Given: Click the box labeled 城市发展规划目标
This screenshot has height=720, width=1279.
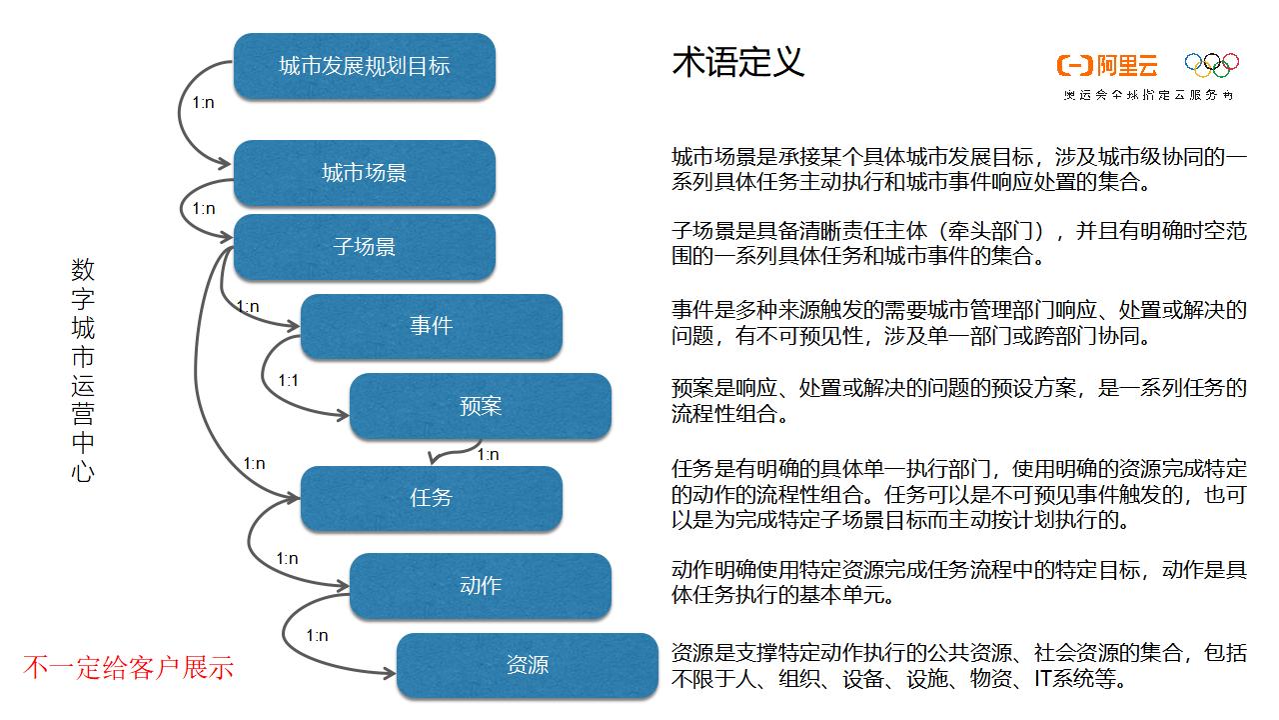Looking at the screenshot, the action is [364, 66].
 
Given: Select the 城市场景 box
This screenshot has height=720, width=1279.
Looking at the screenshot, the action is [364, 173].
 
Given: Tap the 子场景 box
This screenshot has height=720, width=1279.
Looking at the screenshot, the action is [364, 246].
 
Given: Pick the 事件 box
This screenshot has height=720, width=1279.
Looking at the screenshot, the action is [431, 326].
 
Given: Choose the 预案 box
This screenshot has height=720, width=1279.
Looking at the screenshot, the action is [480, 406].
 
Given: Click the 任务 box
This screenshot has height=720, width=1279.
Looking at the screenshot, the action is [431, 497].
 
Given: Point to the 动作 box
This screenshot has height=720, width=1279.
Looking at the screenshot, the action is [480, 585].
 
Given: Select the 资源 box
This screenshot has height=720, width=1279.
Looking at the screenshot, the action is [527, 665].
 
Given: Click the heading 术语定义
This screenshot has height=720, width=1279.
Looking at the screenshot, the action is [737, 63].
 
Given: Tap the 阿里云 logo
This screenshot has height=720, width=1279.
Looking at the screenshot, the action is [1107, 66].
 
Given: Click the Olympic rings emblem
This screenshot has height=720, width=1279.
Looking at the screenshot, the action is [1211, 65].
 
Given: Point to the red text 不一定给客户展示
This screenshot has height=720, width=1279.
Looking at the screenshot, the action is [128, 667].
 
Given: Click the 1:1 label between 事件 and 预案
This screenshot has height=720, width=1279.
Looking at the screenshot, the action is [289, 381].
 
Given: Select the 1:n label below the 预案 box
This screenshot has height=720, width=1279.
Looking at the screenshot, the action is [488, 454].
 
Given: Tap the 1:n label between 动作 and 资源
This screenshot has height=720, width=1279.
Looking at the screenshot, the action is [317, 636].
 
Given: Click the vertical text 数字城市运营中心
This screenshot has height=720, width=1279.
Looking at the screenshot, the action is [83, 370].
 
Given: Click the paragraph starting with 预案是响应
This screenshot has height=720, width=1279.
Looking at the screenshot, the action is [958, 400].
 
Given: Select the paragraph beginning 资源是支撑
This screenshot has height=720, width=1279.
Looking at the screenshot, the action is [958, 666].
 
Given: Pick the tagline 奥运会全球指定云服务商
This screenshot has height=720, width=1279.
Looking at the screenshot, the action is [1148, 95].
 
